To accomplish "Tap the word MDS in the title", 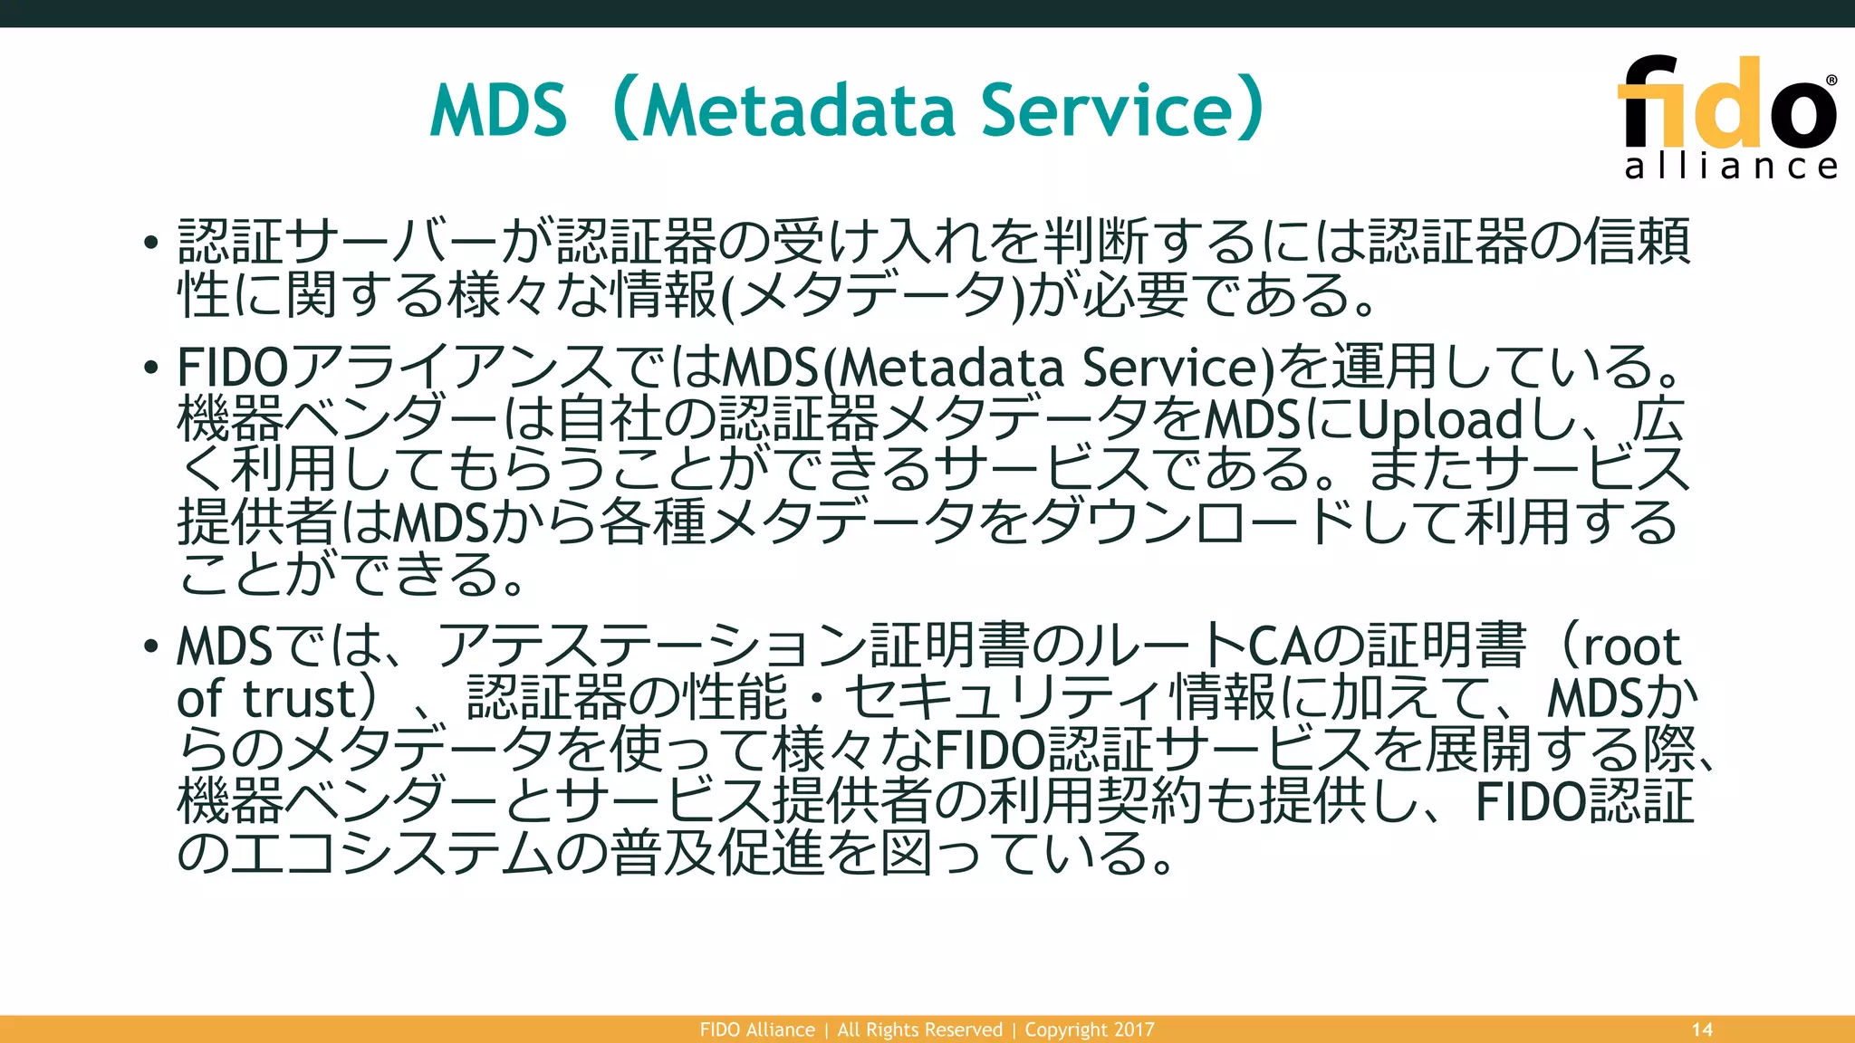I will pos(498,110).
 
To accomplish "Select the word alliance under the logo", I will pos(1731,166).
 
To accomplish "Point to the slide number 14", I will pos(1702,1029).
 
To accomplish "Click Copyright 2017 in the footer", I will pos(1090,1029).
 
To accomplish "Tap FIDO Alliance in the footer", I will pos(757,1029).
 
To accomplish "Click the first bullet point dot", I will pos(151,243).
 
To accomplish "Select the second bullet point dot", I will pos(151,368).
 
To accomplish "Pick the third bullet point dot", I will pos(151,647).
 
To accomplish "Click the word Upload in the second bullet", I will pos(1440,420).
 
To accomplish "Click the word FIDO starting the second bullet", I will pos(232,368).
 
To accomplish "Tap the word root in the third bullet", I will pos(1630,647).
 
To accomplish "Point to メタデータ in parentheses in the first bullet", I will pos(874,296).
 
